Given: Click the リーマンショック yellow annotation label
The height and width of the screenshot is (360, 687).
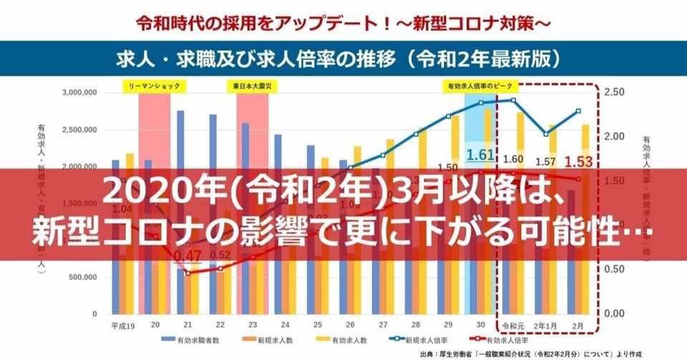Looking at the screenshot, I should [x=155, y=86].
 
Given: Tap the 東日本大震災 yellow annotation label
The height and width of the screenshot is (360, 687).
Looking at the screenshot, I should [x=252, y=86].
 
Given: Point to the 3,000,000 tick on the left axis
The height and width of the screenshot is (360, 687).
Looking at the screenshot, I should [x=82, y=93].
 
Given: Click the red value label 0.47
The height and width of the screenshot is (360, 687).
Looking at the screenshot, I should [x=187, y=256].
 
